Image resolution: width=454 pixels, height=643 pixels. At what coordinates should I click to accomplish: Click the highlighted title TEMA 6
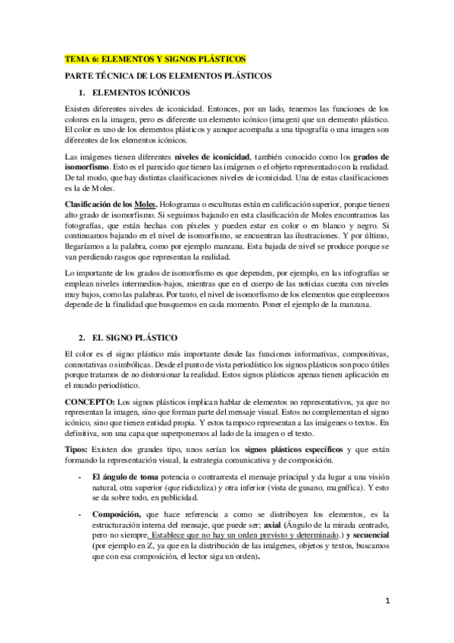click(155, 59)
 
